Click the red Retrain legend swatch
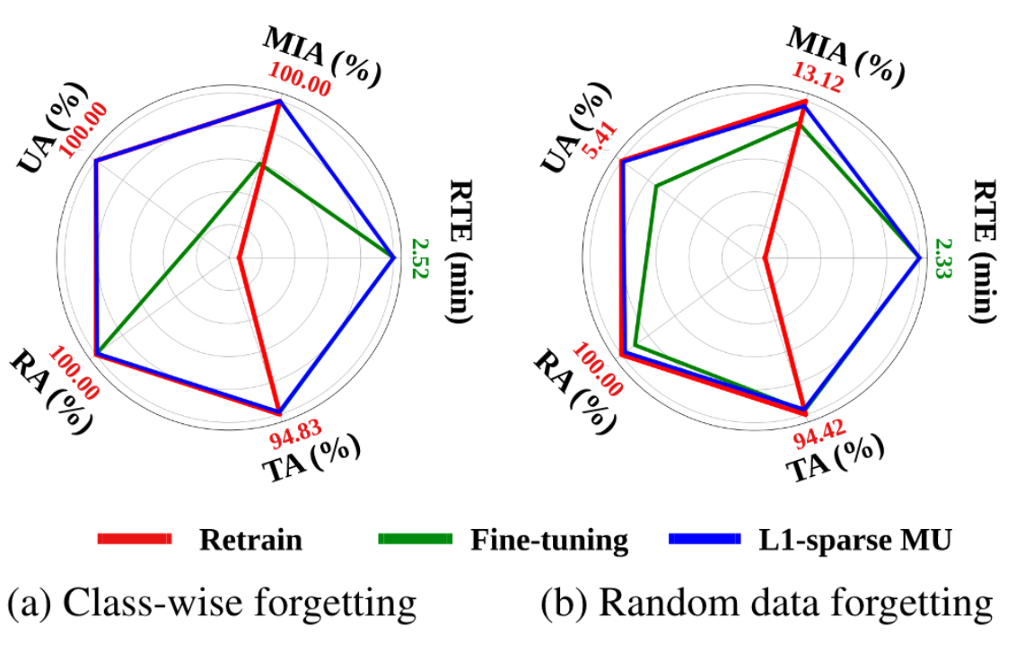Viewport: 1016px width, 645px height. (x=135, y=540)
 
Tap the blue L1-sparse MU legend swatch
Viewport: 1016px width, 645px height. (x=705, y=540)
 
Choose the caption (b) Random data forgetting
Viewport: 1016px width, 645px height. (x=766, y=603)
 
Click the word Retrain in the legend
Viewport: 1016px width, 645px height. (x=250, y=541)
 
